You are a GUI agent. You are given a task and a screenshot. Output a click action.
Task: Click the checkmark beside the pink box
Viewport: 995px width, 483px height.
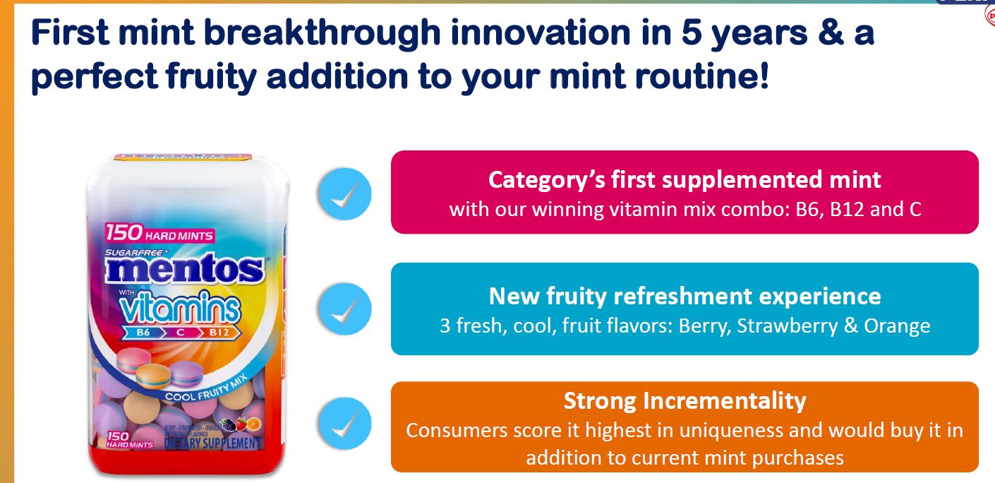(x=344, y=192)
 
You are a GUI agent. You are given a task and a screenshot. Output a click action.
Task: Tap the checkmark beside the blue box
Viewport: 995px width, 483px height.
(x=344, y=309)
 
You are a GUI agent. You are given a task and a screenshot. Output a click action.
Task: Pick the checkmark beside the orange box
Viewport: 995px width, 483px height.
(x=344, y=424)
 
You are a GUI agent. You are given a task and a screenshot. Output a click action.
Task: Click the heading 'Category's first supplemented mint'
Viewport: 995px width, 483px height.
(x=685, y=179)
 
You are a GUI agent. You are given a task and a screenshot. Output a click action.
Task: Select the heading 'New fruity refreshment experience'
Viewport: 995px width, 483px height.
(x=685, y=295)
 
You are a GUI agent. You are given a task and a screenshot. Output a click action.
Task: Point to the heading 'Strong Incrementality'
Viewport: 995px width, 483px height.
(x=685, y=401)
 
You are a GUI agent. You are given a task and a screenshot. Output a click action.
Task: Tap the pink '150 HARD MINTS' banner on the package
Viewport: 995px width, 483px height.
(x=159, y=234)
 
